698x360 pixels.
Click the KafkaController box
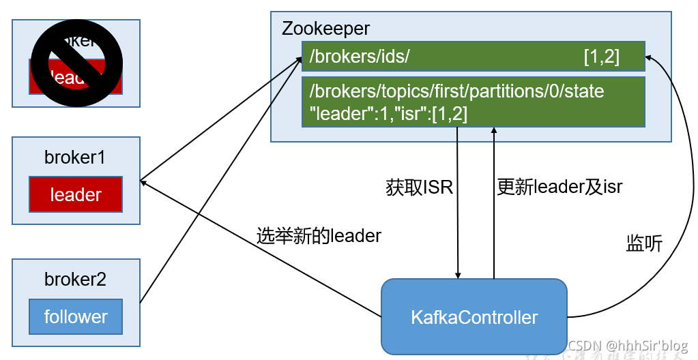474,317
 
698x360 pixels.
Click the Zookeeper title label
325,29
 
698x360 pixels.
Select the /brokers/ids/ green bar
473,57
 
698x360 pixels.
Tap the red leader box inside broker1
76,194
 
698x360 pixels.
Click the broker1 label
75,157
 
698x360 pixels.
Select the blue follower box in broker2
76,316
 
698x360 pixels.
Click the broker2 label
75,279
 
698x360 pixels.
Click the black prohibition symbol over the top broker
76,62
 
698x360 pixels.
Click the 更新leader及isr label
559,186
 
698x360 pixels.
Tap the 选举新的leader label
319,236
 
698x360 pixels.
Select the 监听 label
643,243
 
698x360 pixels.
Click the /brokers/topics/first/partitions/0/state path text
456,91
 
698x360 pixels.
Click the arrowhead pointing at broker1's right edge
143,181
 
